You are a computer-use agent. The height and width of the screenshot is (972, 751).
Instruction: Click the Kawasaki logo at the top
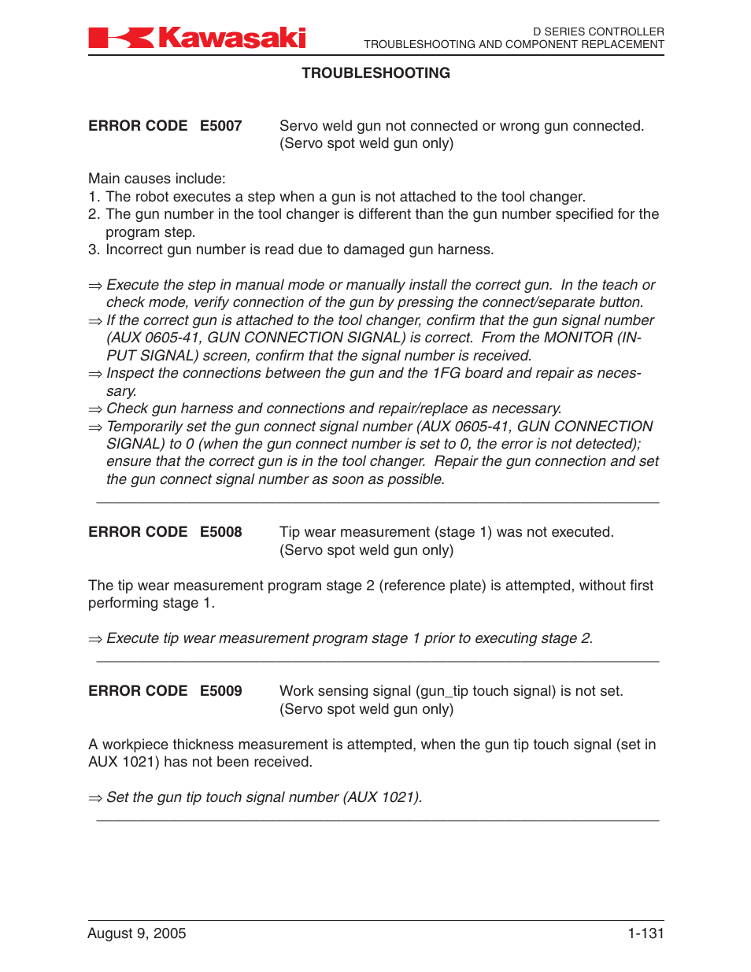[x=197, y=38]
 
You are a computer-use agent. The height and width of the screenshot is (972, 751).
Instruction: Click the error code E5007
[x=220, y=126]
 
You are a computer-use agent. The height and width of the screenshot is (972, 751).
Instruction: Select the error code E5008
[x=220, y=532]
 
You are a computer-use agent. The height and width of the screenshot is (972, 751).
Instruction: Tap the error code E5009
[x=220, y=691]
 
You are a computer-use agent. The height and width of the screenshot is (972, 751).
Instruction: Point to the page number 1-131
[x=646, y=933]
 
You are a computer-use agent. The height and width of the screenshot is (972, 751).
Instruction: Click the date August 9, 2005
[x=137, y=933]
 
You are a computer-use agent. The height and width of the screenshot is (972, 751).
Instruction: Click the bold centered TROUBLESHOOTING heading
[x=375, y=73]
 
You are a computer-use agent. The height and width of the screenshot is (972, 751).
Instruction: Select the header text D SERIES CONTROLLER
[x=598, y=31]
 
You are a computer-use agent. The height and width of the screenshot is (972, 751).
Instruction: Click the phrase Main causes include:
[x=157, y=179]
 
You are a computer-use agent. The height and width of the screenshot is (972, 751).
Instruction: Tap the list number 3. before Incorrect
[x=94, y=249]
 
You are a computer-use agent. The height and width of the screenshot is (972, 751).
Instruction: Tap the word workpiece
[x=135, y=745]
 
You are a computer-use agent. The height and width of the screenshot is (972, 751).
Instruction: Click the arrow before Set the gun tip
[x=95, y=798]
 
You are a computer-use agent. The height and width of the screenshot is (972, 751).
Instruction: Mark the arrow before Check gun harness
[x=95, y=409]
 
